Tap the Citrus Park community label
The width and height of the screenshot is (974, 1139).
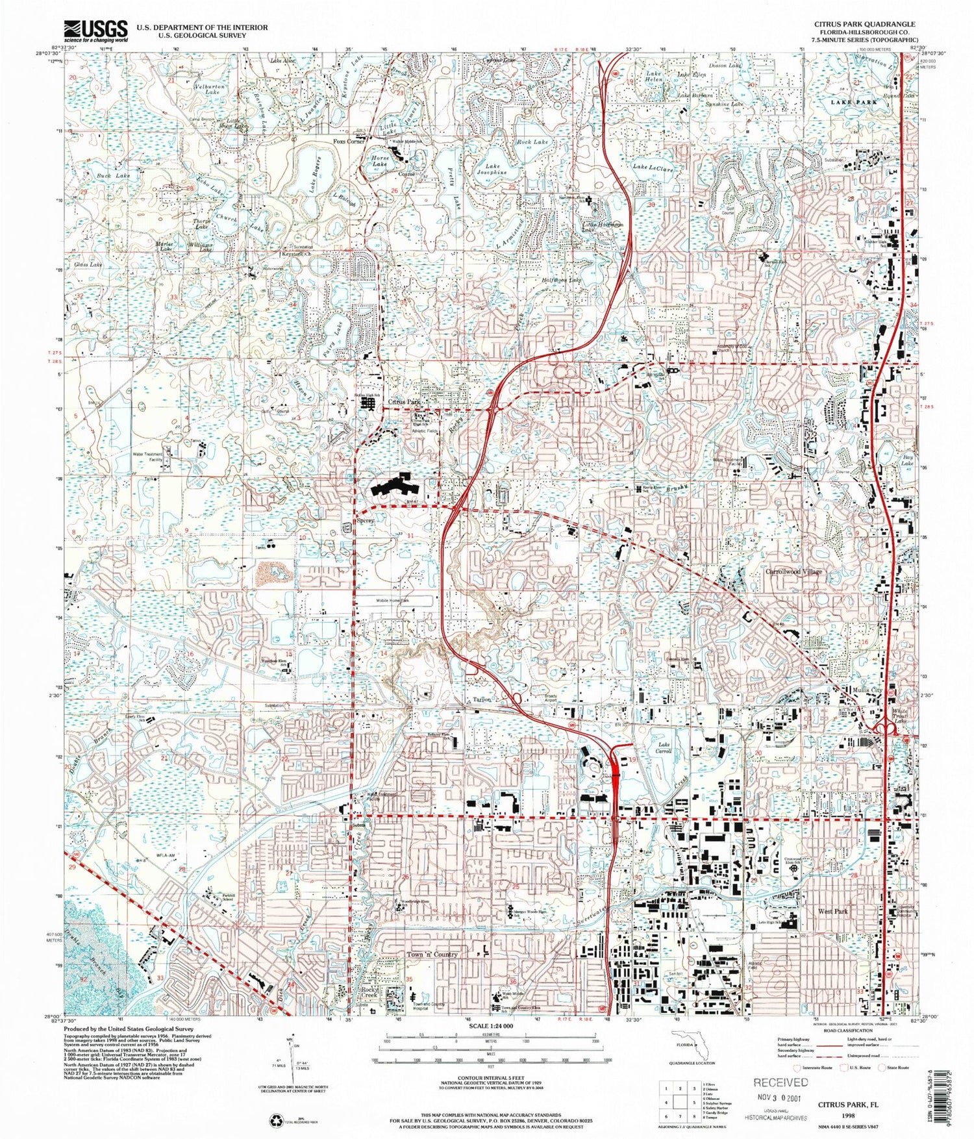pos(405,403)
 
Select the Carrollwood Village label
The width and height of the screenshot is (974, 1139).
pos(793,572)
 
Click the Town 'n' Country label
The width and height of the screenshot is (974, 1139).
pos(432,955)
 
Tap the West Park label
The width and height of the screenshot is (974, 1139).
pos(834,912)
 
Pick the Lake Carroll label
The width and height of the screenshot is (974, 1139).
pos(664,747)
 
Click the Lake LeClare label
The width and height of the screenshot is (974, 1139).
pos(653,168)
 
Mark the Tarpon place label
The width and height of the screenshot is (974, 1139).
pos(482,700)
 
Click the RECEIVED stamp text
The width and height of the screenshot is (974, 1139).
pos(780,1083)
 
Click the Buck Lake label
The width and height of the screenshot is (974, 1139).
pos(114,176)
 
